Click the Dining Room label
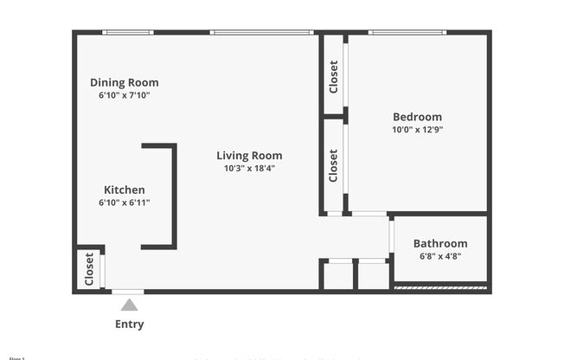[125, 83]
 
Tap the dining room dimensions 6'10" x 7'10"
[125, 95]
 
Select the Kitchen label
[125, 190]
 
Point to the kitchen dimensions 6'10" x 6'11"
[125, 202]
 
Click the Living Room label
[249, 156]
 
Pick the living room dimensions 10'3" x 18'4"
[249, 169]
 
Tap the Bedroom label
[417, 118]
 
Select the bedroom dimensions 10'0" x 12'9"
[417, 130]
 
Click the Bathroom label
[439, 244]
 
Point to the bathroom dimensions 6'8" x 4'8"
[439, 256]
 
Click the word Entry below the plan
[130, 325]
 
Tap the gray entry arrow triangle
[129, 305]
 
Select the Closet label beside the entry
[89, 269]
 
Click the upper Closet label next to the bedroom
[334, 76]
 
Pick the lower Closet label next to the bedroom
[334, 165]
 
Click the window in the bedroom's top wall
[407, 33]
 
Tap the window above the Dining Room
[128, 33]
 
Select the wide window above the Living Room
[261, 33]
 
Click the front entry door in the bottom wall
[129, 292]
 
